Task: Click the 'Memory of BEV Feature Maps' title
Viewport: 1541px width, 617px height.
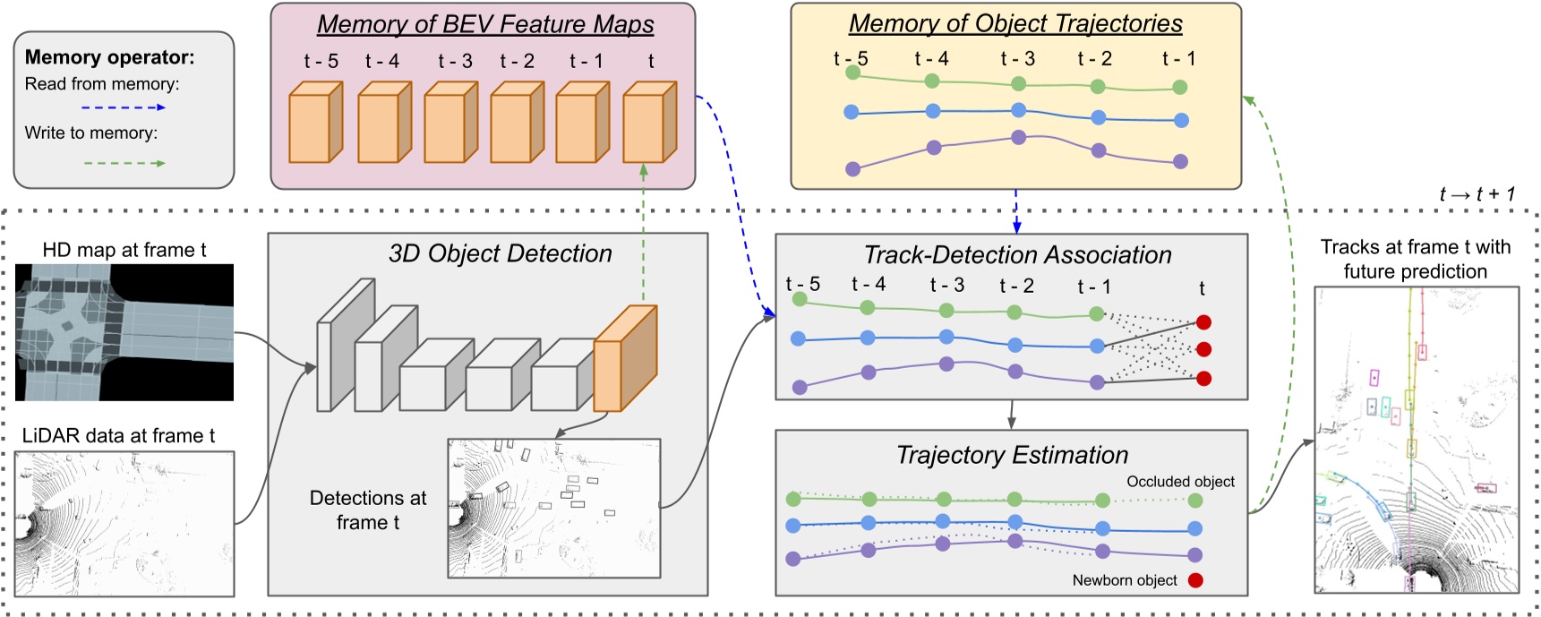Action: coord(485,24)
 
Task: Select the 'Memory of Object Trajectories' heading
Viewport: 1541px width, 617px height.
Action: coord(1015,23)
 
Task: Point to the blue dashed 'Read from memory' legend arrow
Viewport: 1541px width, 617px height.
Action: coord(123,107)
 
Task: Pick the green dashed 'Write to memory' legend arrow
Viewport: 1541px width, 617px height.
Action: coord(123,163)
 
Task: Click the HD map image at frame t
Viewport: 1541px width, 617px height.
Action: coord(124,332)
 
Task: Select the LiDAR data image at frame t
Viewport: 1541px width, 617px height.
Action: coord(124,523)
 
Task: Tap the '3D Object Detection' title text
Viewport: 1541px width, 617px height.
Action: coord(500,253)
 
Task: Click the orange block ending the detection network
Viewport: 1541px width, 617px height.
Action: coord(625,358)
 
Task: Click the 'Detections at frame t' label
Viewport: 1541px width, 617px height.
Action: coord(368,510)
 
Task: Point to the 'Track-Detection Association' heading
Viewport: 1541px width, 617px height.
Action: coord(1017,255)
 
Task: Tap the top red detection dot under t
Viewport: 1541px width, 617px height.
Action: coord(1203,322)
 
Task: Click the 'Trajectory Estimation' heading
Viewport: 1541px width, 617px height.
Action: coord(1012,455)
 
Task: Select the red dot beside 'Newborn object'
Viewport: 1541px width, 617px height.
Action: coord(1195,580)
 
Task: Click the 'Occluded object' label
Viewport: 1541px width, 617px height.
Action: coord(1180,482)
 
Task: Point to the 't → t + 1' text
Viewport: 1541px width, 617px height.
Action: coord(1477,194)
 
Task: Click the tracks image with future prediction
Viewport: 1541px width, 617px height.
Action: coord(1416,440)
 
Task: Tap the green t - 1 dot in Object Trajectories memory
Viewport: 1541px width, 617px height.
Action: coord(1179,87)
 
